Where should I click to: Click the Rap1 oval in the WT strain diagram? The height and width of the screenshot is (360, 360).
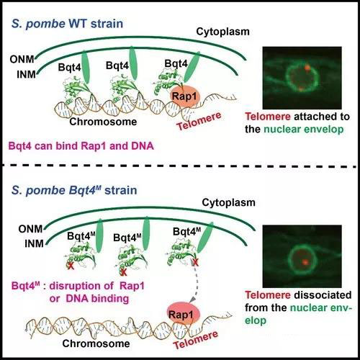(185, 96)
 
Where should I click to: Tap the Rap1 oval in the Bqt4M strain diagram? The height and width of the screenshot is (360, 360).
(181, 315)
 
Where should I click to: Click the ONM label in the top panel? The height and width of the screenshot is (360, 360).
(22, 59)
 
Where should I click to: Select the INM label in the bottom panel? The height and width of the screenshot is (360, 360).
(34, 244)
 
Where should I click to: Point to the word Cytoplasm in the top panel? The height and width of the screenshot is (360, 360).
(222, 32)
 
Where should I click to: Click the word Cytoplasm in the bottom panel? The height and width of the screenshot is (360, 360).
(228, 202)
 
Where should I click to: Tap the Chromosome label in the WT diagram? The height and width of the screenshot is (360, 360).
(103, 122)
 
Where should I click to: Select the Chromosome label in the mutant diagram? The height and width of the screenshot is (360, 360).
(96, 343)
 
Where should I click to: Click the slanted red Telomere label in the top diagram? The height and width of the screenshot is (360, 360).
(199, 121)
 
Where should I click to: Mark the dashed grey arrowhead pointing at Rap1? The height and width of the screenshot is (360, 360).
(193, 300)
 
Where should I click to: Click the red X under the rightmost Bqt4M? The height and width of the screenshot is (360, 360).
(195, 263)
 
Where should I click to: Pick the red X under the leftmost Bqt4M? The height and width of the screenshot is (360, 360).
(70, 266)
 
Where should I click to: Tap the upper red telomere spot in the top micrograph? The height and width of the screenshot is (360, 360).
(307, 68)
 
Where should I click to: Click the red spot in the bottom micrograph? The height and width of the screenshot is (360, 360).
(305, 262)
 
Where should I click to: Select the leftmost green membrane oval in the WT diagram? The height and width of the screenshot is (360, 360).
(86, 67)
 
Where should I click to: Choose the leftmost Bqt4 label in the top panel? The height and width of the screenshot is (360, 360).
(69, 68)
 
